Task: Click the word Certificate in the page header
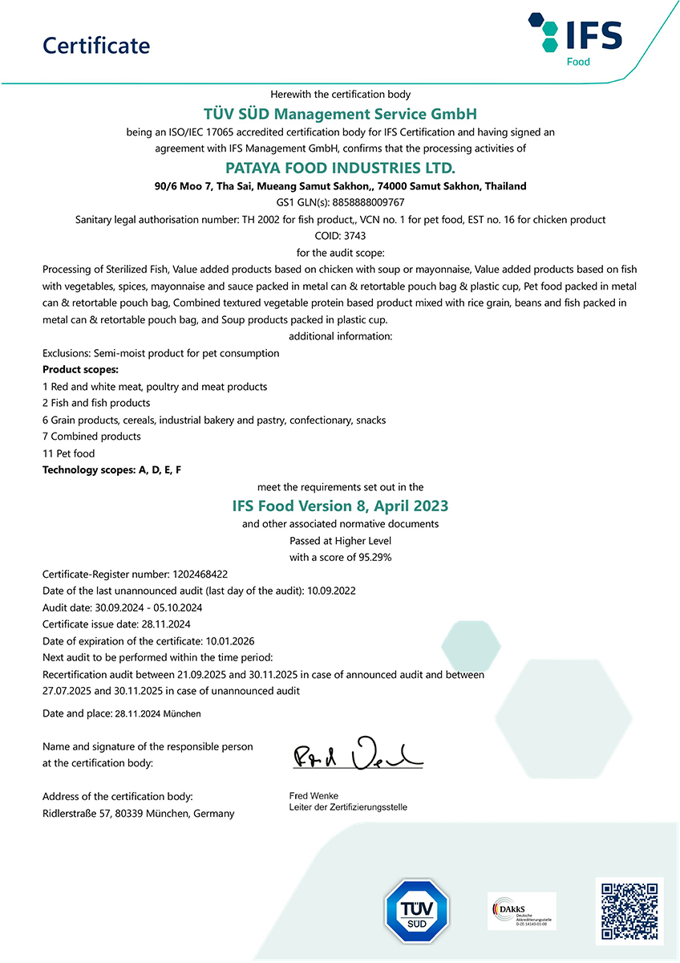tap(96, 46)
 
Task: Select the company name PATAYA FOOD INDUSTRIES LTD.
tap(340, 168)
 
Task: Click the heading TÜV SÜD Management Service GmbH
tap(340, 114)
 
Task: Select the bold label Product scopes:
tap(80, 369)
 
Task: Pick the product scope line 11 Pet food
tap(68, 453)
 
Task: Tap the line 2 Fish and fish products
tap(96, 403)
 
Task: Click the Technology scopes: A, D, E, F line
tap(111, 469)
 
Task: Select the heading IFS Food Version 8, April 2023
tap(340, 506)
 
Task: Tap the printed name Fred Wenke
tap(314, 796)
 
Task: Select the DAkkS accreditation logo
tap(521, 912)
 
